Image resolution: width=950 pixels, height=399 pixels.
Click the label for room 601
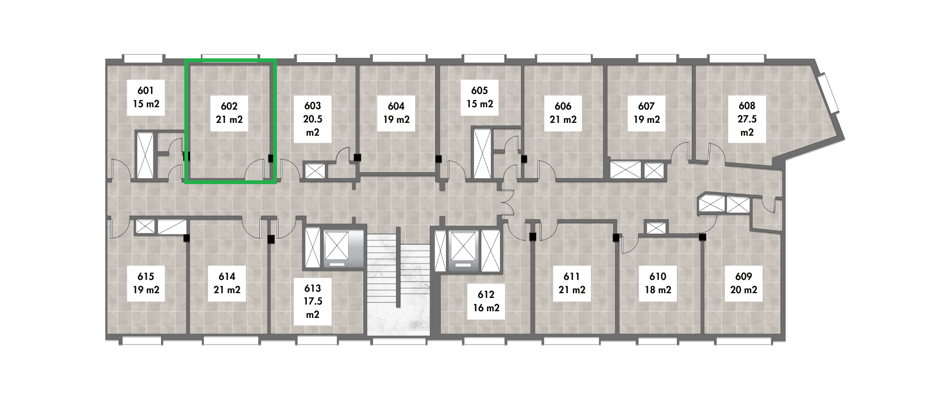pyautogui.click(x=146, y=97)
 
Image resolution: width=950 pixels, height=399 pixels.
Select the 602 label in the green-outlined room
pyautogui.click(x=229, y=113)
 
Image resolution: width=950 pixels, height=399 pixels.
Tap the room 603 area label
pyautogui.click(x=313, y=119)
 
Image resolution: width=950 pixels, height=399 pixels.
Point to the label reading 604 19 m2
pyautogui.click(x=396, y=113)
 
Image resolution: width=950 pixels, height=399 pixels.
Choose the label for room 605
pyautogui.click(x=480, y=97)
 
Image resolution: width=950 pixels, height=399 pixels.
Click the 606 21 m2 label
pyautogui.click(x=563, y=113)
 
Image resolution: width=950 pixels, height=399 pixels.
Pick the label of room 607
pyautogui.click(x=646, y=113)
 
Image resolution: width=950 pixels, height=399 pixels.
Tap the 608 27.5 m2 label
pyautogui.click(x=747, y=119)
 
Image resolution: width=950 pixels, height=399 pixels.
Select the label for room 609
pyautogui.click(x=744, y=283)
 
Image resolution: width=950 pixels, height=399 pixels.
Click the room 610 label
pyautogui.click(x=658, y=283)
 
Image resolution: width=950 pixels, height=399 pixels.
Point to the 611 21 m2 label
pyautogui.click(x=572, y=283)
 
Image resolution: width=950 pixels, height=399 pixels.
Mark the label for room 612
pyautogui.click(x=486, y=301)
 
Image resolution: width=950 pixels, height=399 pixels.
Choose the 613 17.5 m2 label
pyautogui.click(x=313, y=301)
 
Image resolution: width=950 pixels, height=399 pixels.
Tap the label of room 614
pyautogui.click(x=227, y=283)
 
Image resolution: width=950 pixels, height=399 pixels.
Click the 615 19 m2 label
pyautogui.click(x=146, y=283)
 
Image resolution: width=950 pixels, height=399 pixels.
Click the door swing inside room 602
pyautogui.click(x=256, y=171)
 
